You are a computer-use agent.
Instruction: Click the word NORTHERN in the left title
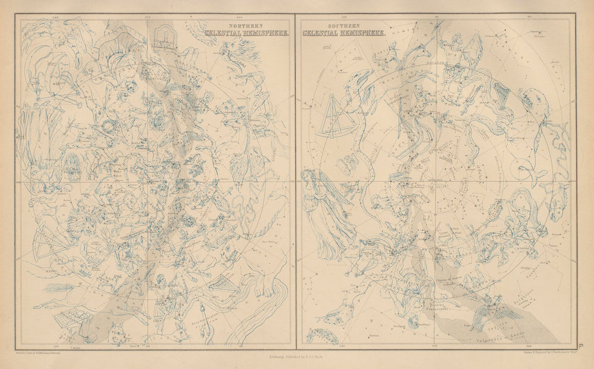click(235, 26)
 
